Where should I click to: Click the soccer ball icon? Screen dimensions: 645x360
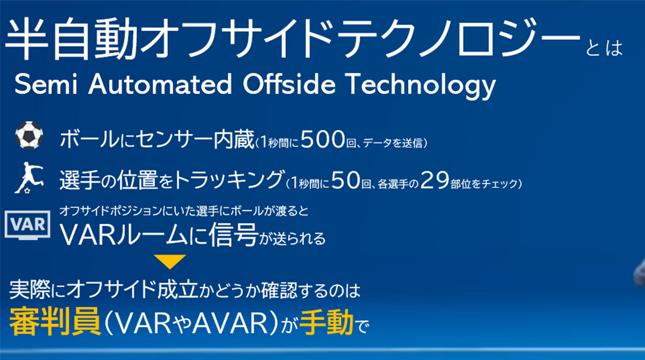pos(29,135)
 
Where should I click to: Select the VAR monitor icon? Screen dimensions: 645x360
pos(27,225)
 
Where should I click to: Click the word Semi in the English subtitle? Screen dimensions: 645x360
pos(46,84)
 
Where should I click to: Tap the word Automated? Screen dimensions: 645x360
pos(160,84)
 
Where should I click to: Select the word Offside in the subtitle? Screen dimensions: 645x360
pos(289,83)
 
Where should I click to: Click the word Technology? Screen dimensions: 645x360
pos(420,86)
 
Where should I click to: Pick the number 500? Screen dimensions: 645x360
pos(323,139)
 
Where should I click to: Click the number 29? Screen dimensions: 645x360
pos(435,180)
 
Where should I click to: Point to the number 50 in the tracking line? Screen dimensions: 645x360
pos(346,180)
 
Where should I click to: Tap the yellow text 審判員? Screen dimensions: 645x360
pos(55,321)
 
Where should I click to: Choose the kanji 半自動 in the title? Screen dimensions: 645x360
pos(71,39)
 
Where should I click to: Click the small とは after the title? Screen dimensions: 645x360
pos(604,48)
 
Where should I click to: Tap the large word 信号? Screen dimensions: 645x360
pos(233,234)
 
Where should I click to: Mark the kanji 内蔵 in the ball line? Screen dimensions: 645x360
pos(233,139)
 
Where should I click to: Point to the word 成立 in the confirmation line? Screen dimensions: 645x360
pos(178,289)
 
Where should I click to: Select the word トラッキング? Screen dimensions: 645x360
pos(230,179)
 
